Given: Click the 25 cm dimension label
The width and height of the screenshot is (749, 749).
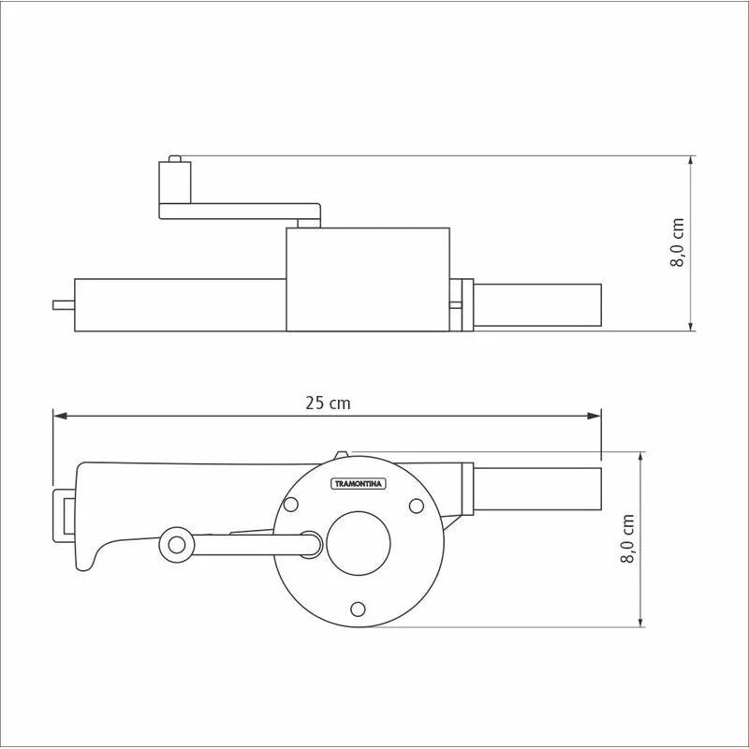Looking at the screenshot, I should coord(328,403).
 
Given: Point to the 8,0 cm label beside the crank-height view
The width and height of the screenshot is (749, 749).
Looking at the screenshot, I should coord(677,243).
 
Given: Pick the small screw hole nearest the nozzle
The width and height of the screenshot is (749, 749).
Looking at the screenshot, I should coord(415,505).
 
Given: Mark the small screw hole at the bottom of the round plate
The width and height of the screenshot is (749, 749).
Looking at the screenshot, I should coord(358,609).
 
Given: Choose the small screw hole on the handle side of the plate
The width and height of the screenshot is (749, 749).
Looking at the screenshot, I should coord(290,505).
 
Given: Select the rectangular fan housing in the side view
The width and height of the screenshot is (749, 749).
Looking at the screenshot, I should coord(367,279).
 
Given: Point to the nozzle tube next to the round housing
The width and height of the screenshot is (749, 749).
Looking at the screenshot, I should coord(537,488).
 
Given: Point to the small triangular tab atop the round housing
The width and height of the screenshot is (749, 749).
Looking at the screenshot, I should coord(341,455).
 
